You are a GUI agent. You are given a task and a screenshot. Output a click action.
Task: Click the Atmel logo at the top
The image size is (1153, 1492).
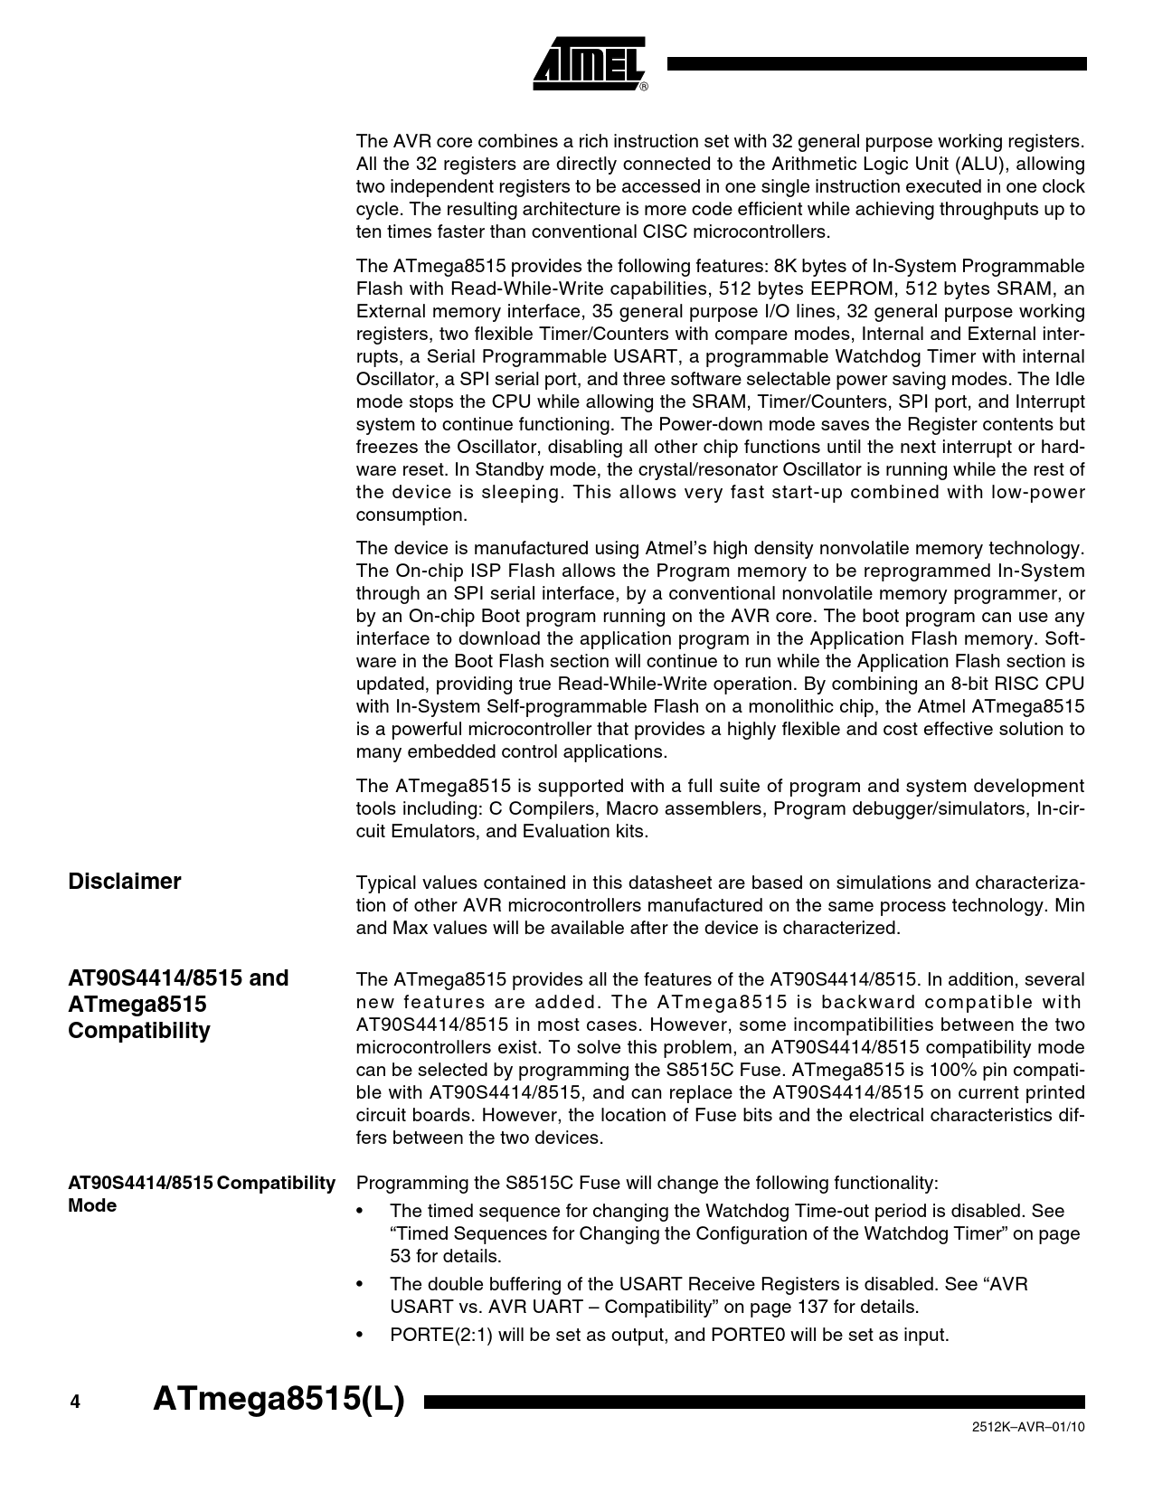589,64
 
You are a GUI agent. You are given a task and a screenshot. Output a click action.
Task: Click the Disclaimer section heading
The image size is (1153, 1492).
125,882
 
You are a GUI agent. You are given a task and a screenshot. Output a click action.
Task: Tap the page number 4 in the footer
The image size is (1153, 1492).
75,1402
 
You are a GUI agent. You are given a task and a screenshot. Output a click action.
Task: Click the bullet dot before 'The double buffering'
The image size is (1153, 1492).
362,1285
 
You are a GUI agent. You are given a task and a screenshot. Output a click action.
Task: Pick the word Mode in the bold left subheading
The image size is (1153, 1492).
92,1205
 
